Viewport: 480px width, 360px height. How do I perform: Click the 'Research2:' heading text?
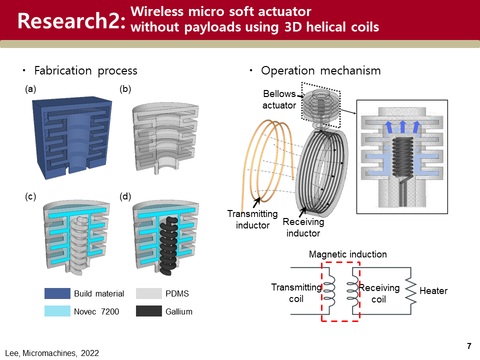[70, 21]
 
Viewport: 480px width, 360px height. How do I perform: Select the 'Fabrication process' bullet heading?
[85, 70]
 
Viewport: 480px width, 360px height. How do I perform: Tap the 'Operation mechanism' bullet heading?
[320, 70]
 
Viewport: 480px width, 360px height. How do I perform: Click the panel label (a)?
[31, 89]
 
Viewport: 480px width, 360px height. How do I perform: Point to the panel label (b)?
[125, 89]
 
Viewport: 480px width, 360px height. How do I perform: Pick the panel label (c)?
[31, 197]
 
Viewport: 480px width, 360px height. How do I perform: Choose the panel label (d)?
[125, 197]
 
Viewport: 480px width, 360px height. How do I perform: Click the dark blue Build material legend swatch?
[56, 293]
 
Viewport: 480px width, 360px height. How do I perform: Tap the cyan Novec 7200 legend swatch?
[56, 311]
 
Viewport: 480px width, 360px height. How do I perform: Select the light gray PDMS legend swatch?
[148, 293]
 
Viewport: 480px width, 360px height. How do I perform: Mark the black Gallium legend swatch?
[148, 311]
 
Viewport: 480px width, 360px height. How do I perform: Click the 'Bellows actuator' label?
[280, 99]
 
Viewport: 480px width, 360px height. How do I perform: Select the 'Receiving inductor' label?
[303, 227]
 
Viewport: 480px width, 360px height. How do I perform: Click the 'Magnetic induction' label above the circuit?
[347, 254]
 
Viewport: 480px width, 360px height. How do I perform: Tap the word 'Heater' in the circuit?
[433, 291]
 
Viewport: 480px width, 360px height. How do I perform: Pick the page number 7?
[469, 346]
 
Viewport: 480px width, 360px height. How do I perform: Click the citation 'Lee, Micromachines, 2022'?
[52, 353]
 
